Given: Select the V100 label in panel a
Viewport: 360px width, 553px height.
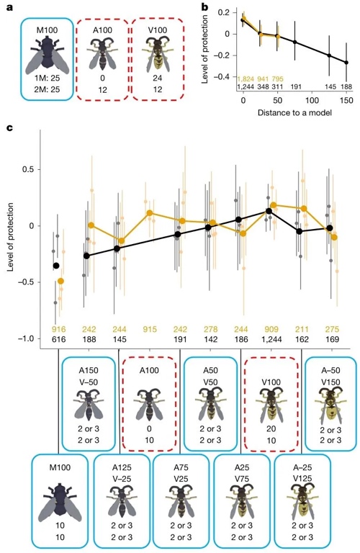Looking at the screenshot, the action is pyautogui.click(x=157, y=30).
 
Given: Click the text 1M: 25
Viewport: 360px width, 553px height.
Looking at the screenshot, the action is pyautogui.click(x=48, y=78).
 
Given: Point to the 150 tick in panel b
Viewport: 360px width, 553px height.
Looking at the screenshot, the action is pyautogui.click(x=346, y=101).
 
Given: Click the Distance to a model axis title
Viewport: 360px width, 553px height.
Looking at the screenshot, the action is pyautogui.click(x=294, y=113).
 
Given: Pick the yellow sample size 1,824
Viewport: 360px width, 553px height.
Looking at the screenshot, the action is pyautogui.click(x=246, y=79).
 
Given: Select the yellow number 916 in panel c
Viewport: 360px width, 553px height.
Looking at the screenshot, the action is pyautogui.click(x=58, y=329).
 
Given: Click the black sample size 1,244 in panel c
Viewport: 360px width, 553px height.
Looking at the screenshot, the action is pyautogui.click(x=271, y=339).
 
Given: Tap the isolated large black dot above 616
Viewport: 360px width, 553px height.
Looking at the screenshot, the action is pyautogui.click(x=56, y=266).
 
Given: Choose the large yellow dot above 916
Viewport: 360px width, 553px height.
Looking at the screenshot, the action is pyautogui.click(x=61, y=281).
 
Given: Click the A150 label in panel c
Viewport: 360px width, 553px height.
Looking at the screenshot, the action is pyautogui.click(x=89, y=371).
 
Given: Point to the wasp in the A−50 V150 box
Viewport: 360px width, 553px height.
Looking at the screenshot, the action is pyautogui.click(x=330, y=405).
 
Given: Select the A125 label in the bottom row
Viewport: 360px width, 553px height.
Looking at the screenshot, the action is pyautogui.click(x=122, y=467).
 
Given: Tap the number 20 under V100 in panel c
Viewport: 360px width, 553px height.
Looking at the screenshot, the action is pyautogui.click(x=271, y=429).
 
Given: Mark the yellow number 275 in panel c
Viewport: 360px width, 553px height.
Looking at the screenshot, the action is pyautogui.click(x=332, y=329).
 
